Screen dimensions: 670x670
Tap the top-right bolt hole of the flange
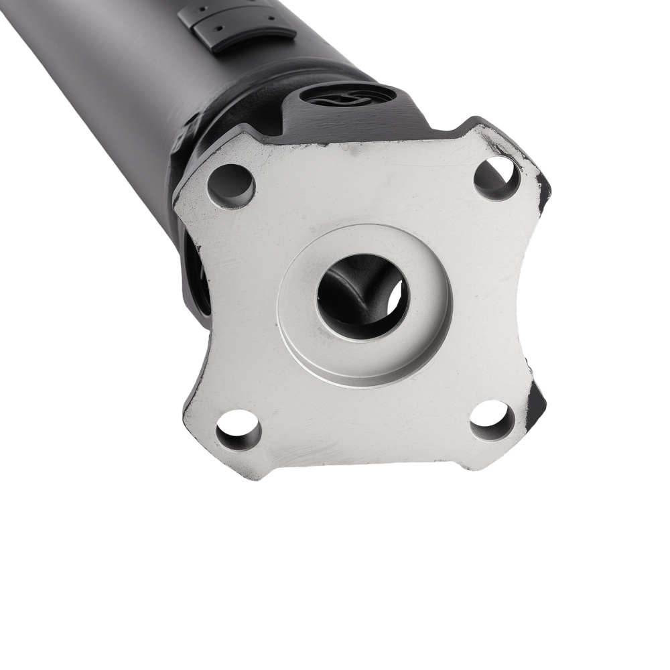496,178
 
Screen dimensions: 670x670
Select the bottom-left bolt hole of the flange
239,429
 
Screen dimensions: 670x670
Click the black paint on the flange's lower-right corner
537,402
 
